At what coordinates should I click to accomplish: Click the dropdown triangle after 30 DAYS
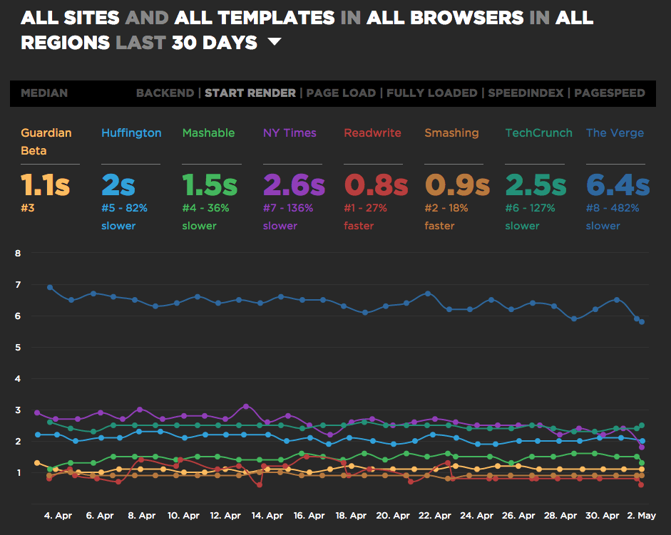pos(275,43)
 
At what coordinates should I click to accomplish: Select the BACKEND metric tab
pos(165,93)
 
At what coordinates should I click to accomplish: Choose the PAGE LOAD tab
pos(342,93)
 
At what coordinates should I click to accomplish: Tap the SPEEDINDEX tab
pos(526,93)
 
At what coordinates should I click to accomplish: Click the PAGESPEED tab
pos(610,93)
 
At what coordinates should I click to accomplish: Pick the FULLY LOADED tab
pos(432,93)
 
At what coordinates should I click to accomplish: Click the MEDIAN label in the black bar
pos(44,93)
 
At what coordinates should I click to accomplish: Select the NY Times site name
pos(290,133)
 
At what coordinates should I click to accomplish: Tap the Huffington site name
pos(131,133)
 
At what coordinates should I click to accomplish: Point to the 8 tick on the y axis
pos(19,253)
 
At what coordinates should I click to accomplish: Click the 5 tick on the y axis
pos(19,347)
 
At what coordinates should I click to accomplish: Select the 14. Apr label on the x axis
pos(267,514)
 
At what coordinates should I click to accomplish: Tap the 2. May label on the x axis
pos(642,514)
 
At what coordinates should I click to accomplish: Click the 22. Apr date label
pos(434,514)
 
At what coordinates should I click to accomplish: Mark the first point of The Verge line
pos(50,287)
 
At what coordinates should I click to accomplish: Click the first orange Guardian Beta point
pos(37,463)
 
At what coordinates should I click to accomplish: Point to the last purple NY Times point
pos(642,447)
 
